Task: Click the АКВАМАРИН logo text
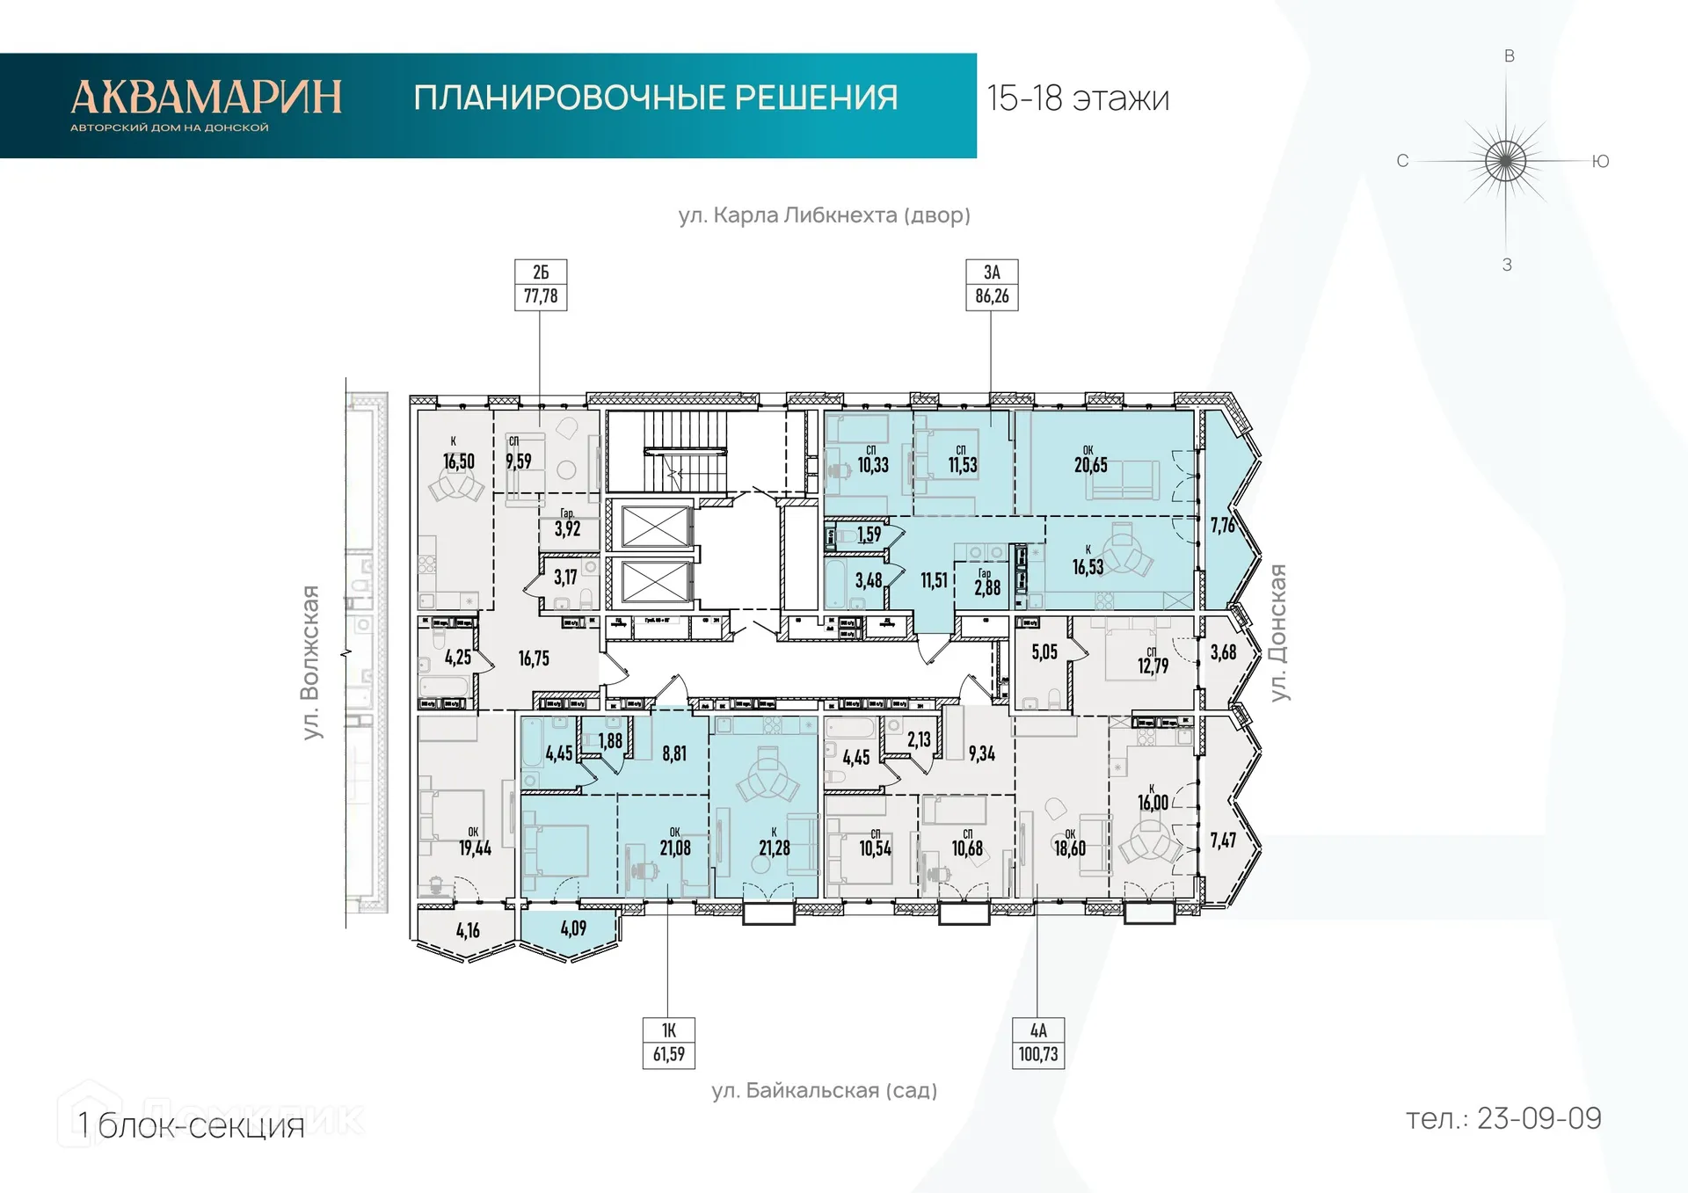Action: (206, 98)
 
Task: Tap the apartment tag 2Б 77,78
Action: (541, 285)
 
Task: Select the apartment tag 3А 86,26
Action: (992, 285)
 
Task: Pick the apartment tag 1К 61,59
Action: (668, 1043)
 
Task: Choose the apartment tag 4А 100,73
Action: (1038, 1043)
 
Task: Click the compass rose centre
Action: (1506, 161)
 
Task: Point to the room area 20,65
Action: (1090, 465)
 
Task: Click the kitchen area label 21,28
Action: (775, 847)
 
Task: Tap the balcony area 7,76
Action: (1222, 526)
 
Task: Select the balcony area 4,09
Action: (573, 928)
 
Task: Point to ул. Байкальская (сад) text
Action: (824, 1091)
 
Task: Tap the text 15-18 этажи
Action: (1078, 98)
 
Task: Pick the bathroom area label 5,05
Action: (1044, 652)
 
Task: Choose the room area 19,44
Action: (475, 847)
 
